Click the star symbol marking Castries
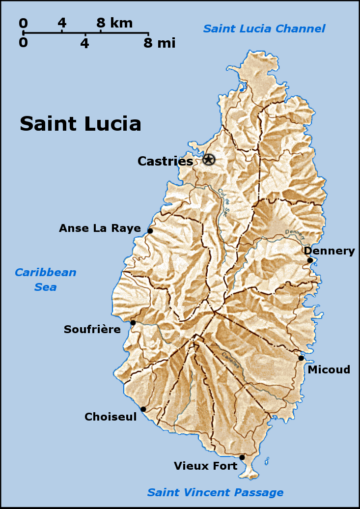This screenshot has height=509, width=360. pyautogui.click(x=209, y=159)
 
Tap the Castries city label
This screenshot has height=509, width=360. pyautogui.click(x=165, y=161)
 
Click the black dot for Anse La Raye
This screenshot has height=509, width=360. pyautogui.click(x=150, y=231)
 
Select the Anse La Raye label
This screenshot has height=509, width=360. pyautogui.click(x=100, y=228)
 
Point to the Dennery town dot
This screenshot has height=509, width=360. pyautogui.click(x=310, y=260)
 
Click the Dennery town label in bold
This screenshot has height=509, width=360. pyautogui.click(x=329, y=251)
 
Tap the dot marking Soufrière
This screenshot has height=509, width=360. pyautogui.click(x=133, y=323)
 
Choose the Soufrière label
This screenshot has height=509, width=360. pyautogui.click(x=92, y=330)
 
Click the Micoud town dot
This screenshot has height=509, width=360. pyautogui.click(x=301, y=358)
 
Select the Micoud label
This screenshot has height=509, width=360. pyautogui.click(x=329, y=369)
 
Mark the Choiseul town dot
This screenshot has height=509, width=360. pyautogui.click(x=143, y=409)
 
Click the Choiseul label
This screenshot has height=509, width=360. pyautogui.click(x=111, y=417)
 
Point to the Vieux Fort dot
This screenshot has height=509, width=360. pyautogui.click(x=242, y=457)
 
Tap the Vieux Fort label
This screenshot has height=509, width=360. pyautogui.click(x=205, y=466)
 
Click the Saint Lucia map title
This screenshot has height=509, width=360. pyautogui.click(x=81, y=124)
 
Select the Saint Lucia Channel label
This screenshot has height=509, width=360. pyautogui.click(x=264, y=28)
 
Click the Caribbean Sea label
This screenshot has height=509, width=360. pyautogui.click(x=46, y=280)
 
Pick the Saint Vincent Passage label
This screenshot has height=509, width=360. pyautogui.click(x=216, y=492)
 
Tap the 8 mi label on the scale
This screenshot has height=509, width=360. pyautogui.click(x=159, y=43)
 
